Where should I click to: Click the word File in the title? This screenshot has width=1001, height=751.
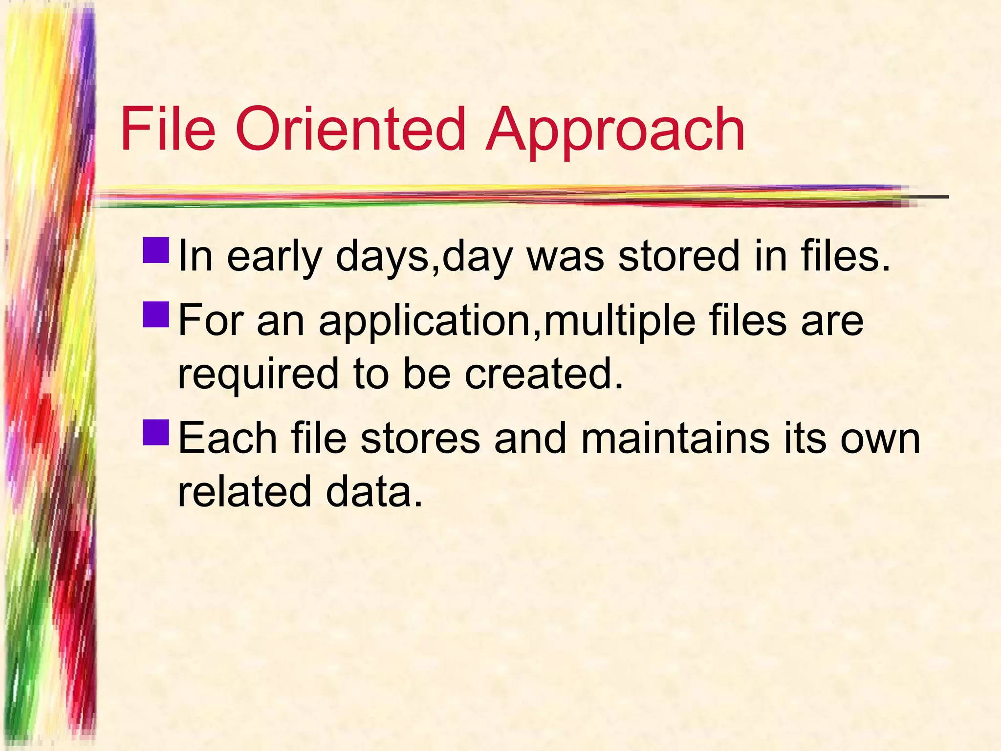pos(168,129)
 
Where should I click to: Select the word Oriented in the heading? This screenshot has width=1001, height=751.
pos(350,129)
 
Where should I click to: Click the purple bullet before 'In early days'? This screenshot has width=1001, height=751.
pos(156,250)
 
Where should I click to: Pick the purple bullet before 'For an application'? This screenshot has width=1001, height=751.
pos(156,314)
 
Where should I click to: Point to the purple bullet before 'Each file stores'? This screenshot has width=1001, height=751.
pos(156,432)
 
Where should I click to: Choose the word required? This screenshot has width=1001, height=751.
pos(258,374)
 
